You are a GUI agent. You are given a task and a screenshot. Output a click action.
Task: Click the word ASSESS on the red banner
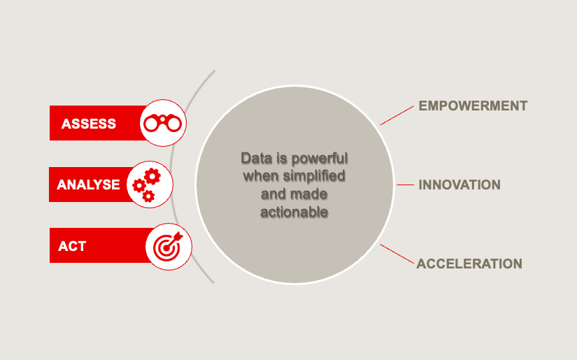pos(89,124)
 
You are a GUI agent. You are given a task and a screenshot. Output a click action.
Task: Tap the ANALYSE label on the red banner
pos(88,185)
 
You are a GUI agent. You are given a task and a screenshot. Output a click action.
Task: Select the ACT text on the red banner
pos(72,246)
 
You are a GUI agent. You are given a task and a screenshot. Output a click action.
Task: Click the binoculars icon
pos(163,123)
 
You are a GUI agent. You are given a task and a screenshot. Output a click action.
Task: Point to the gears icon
pos(147,185)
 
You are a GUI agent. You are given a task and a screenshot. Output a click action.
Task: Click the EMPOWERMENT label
pos(473,106)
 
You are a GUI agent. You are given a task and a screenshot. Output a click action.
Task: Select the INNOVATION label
pos(460,185)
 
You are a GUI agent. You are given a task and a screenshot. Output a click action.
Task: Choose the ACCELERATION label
pos(469,264)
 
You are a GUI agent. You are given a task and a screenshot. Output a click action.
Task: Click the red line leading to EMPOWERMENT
pos(397,115)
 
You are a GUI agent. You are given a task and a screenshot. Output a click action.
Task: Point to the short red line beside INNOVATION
pos(405,185)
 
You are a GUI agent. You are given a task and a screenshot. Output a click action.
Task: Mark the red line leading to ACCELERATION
pos(397,254)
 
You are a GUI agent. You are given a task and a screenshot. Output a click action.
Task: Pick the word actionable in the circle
pos(294,213)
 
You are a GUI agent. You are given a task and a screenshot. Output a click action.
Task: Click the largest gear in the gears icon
pos(152,177)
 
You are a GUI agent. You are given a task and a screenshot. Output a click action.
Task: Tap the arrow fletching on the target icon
pos(178,236)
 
